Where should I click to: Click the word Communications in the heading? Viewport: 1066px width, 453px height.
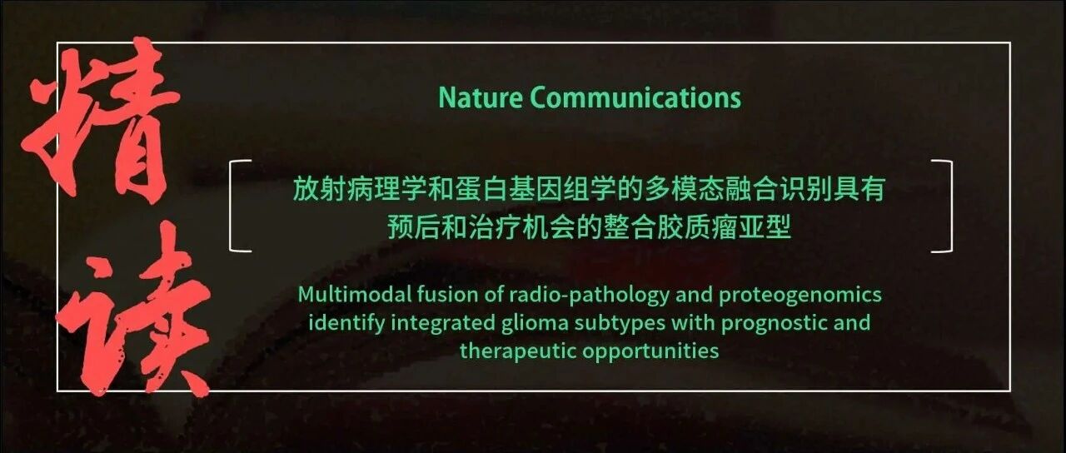click(635, 98)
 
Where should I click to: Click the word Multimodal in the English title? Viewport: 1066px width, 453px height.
click(355, 295)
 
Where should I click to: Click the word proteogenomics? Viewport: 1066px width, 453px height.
click(800, 296)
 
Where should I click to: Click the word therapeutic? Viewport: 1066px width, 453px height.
click(518, 352)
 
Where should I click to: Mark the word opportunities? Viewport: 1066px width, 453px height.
click(650, 352)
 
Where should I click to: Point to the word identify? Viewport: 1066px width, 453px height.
click(346, 324)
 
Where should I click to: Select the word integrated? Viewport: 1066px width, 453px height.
click(443, 324)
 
